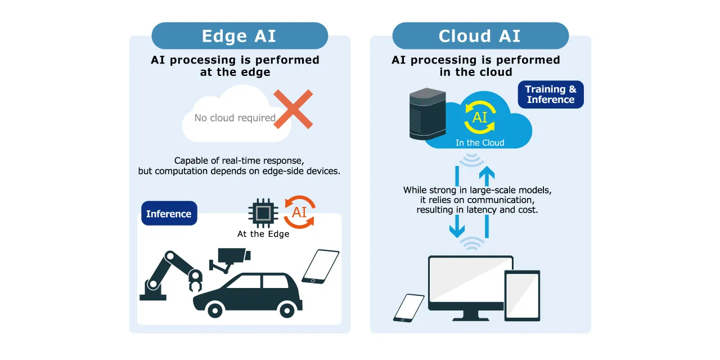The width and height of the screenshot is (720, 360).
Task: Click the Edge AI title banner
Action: point(240,36)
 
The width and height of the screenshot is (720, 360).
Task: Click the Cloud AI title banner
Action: point(480,36)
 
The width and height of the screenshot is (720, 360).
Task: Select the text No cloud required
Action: point(235,118)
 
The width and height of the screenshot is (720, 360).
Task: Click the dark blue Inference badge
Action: point(169,214)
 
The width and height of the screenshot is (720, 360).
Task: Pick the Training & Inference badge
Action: point(551,94)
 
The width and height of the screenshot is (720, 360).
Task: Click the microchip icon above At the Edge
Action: point(263,213)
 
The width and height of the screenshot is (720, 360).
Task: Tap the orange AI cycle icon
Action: point(299,211)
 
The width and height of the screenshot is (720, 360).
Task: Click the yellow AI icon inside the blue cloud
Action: point(480,117)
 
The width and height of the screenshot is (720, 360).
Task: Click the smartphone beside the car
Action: point(321,266)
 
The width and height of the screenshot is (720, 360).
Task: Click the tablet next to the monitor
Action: point(522,295)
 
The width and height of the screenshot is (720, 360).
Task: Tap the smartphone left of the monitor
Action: point(409,308)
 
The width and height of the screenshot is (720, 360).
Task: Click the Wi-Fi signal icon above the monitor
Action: point(471,243)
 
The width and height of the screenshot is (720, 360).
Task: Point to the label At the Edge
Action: point(263,234)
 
